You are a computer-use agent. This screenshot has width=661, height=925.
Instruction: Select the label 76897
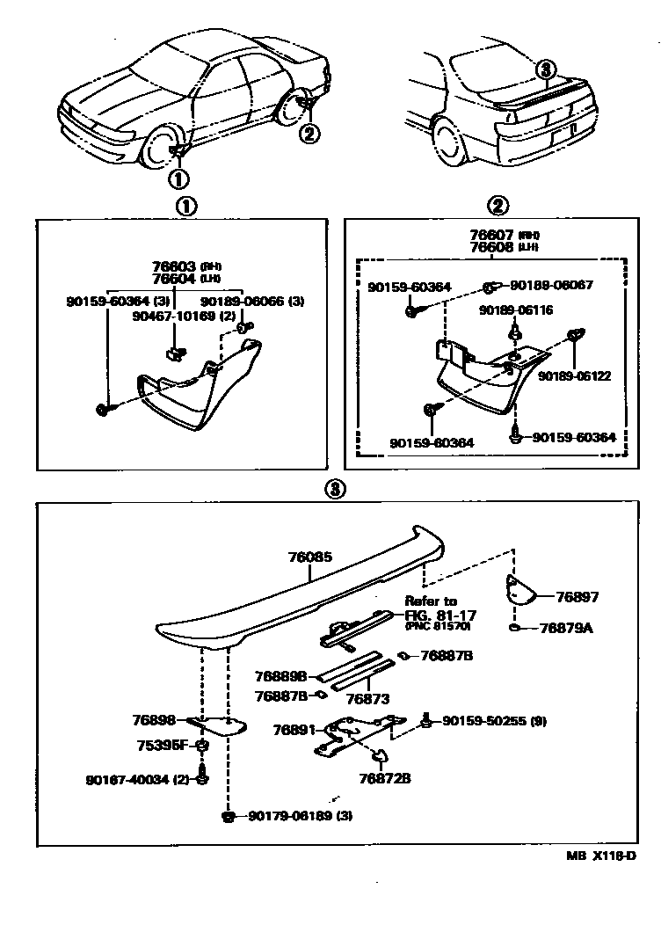(577, 597)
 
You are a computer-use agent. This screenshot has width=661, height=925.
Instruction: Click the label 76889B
(280, 676)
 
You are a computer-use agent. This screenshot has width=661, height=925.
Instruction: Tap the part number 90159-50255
(483, 721)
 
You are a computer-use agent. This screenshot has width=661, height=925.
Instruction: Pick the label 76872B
(385, 777)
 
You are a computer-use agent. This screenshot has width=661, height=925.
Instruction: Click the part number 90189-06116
(513, 310)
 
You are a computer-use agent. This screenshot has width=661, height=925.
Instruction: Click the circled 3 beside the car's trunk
(546, 69)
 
